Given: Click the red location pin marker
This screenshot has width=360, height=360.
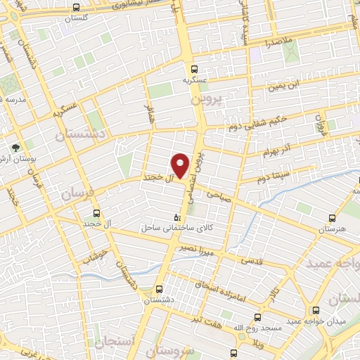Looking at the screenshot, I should (x=181, y=165).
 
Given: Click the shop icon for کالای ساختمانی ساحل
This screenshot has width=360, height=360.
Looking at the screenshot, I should (x=176, y=217).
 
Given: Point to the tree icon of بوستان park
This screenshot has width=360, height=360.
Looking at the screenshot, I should (x=15, y=147).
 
